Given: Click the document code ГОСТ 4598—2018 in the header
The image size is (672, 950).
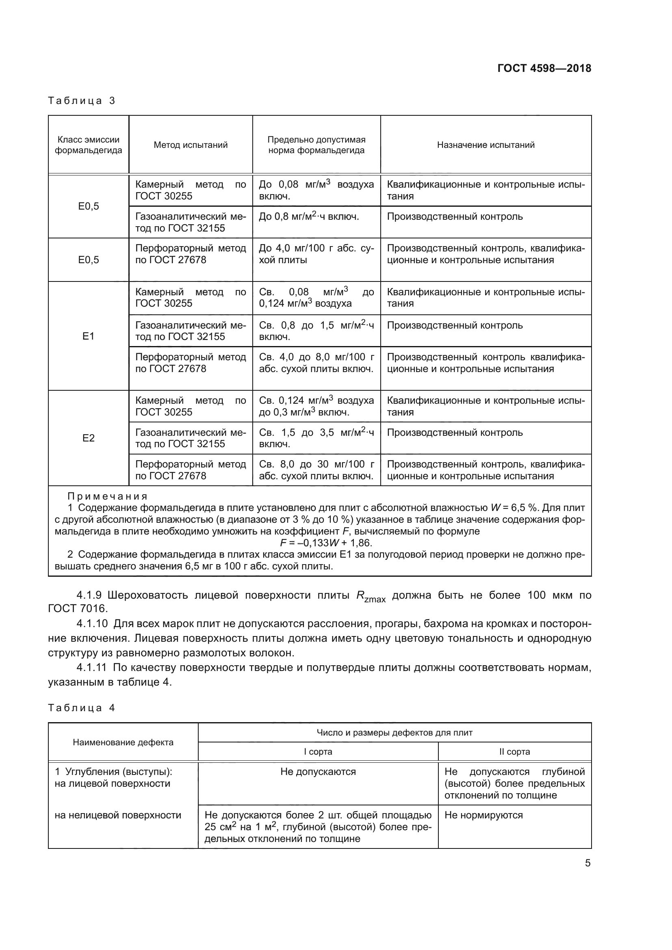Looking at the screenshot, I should point(544,68).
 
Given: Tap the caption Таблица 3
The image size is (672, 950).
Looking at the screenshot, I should point(82,101).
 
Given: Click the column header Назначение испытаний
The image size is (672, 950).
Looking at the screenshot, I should point(486,145).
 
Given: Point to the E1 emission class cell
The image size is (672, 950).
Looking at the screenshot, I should point(89,336).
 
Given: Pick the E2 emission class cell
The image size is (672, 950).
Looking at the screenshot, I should point(89,438).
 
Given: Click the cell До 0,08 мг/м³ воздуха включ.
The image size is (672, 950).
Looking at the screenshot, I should point(316,190).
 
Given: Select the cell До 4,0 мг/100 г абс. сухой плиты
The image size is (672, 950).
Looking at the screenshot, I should point(316,254).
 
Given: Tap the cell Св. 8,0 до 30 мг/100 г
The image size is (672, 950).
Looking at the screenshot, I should point(316,470).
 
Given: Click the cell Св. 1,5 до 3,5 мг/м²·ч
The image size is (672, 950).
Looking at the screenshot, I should point(316,438).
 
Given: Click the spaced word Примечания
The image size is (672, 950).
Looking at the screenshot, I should point(108,496).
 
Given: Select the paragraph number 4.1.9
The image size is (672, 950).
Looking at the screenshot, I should point(89,595).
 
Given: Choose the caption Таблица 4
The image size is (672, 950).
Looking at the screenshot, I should point(82,708).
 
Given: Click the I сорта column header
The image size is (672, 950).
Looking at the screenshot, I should point(318,751).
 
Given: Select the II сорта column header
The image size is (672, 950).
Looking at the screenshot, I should point(514,751).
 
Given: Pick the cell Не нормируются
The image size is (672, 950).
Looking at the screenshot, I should point(483,815).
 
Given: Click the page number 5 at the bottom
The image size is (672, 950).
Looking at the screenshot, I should point(587,863).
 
